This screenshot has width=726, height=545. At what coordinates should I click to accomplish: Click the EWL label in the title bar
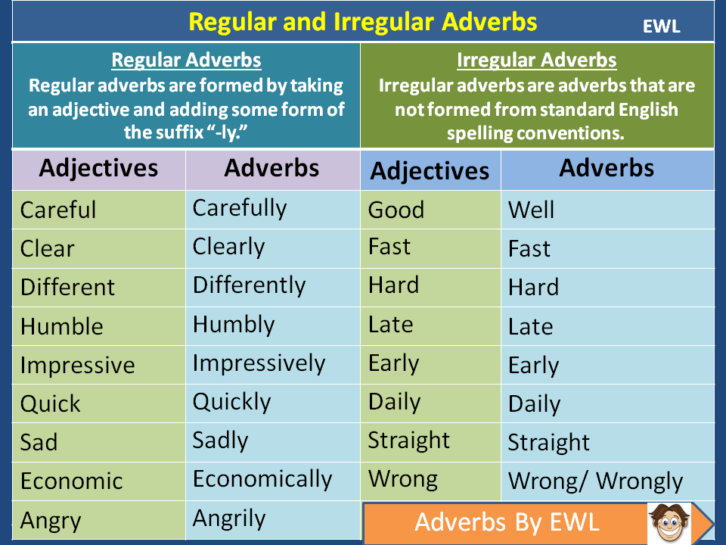[661, 26]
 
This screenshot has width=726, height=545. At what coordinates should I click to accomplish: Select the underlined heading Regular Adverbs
[186, 61]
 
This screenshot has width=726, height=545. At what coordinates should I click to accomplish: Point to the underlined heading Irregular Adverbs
[537, 61]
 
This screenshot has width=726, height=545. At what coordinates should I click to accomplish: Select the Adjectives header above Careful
[98, 167]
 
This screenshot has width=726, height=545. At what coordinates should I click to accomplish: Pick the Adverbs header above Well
[607, 167]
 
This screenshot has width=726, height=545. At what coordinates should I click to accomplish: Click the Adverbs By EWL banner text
[507, 522]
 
